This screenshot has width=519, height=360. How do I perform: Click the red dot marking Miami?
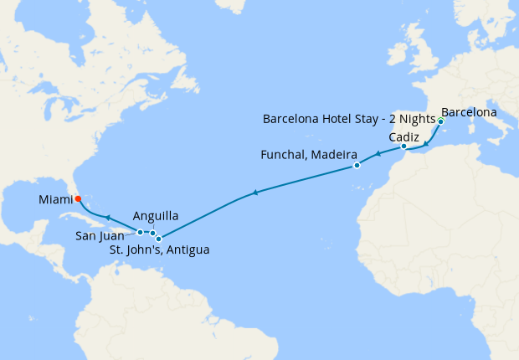pyautogui.click(x=78, y=199)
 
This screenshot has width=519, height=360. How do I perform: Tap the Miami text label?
pyautogui.click(x=55, y=199)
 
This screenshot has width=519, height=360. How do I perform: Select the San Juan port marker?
pyautogui.click(x=140, y=232)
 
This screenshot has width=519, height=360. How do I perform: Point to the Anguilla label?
pyautogui.click(x=155, y=215)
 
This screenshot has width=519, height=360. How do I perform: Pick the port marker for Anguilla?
pyautogui.click(x=152, y=233)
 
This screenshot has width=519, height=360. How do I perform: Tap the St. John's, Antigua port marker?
pyautogui.click(x=158, y=239)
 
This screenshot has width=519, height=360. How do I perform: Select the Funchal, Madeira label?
pyautogui.click(x=310, y=156)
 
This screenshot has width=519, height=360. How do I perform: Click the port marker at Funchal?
pyautogui.click(x=357, y=165)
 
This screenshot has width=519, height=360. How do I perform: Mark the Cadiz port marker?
pyautogui.click(x=403, y=147)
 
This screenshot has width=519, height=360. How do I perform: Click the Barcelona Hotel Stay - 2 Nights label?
pyautogui.click(x=349, y=119)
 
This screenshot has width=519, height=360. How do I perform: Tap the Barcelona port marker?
pyautogui.click(x=440, y=121)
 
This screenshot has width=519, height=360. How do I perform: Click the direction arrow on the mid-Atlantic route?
pyautogui.click(x=254, y=193)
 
